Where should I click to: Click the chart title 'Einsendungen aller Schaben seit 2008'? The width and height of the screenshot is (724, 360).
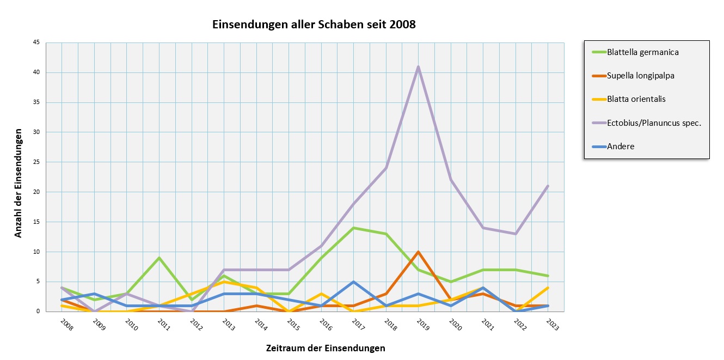pos(314,25)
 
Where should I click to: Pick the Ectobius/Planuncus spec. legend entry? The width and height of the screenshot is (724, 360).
pos(646,123)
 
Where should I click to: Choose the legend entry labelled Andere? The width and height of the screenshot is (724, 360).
pos(622,146)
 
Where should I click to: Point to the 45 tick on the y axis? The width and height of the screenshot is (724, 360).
pos(37,42)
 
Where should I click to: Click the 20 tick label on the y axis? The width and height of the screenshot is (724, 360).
pos(37,192)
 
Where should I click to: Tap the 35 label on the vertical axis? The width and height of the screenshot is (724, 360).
pos(37,102)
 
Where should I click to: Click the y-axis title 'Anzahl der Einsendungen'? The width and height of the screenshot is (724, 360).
pos(19,183)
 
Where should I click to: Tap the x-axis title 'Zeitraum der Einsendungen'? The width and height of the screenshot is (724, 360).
pos(326,348)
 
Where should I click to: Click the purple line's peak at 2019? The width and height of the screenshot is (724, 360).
pos(418,66)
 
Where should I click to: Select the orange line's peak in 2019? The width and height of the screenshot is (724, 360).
pos(418,252)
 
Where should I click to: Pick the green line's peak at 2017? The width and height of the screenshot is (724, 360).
pos(353,228)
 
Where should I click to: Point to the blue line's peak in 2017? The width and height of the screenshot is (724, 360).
pos(353,282)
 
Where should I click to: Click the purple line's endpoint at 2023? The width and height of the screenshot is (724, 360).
pos(548,186)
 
